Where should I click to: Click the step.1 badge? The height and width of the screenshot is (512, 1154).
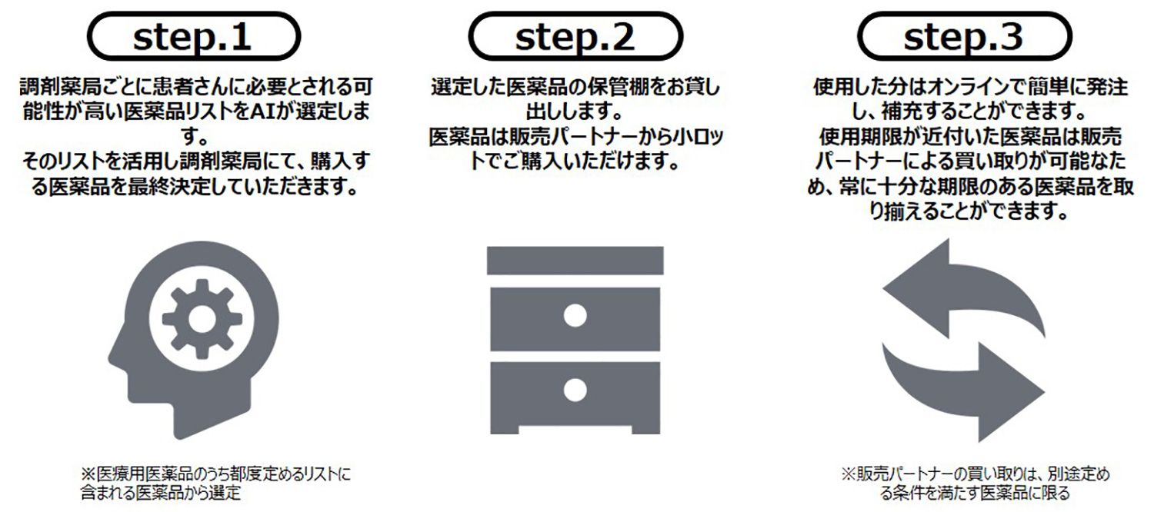click(192, 36)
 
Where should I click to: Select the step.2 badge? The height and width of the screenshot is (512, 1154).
click(575, 36)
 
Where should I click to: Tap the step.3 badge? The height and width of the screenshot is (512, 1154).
click(963, 36)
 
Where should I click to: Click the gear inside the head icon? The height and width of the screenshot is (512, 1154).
click(201, 318)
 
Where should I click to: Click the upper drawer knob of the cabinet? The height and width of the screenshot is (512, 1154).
click(575, 314)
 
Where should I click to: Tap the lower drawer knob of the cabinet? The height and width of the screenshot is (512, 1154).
click(575, 390)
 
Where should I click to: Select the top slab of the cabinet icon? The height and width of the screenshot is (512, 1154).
click(575, 260)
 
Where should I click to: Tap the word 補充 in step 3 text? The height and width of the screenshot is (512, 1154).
click(865, 112)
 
